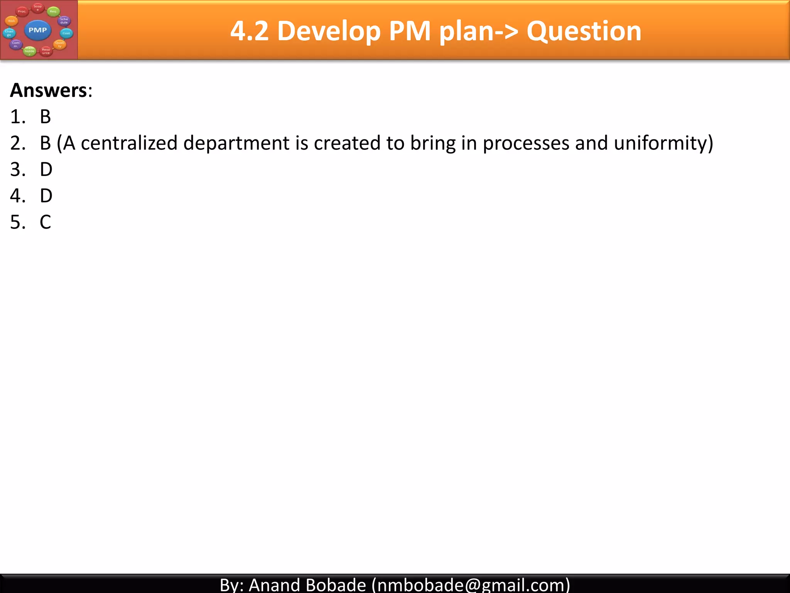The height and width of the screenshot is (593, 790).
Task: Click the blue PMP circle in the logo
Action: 37,30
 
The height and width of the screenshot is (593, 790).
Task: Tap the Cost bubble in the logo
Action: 66,33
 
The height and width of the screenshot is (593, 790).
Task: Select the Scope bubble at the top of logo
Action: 37,7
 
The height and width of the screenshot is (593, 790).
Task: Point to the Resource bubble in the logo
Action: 46,51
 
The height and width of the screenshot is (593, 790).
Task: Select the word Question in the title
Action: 584,31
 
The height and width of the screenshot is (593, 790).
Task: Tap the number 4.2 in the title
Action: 249,31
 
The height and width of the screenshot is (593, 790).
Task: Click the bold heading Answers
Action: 49,90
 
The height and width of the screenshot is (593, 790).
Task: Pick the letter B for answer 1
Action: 45,117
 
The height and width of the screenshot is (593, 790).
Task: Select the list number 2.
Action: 18,143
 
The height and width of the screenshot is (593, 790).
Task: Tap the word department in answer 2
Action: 236,144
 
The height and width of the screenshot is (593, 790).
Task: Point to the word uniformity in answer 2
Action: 660,144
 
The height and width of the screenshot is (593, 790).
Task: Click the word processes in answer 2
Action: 526,144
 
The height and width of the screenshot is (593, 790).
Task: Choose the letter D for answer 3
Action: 46,169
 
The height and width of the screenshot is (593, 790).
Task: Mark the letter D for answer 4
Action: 46,196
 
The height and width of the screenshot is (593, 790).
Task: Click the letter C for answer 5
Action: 45,222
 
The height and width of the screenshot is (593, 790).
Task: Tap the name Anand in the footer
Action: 274,585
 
